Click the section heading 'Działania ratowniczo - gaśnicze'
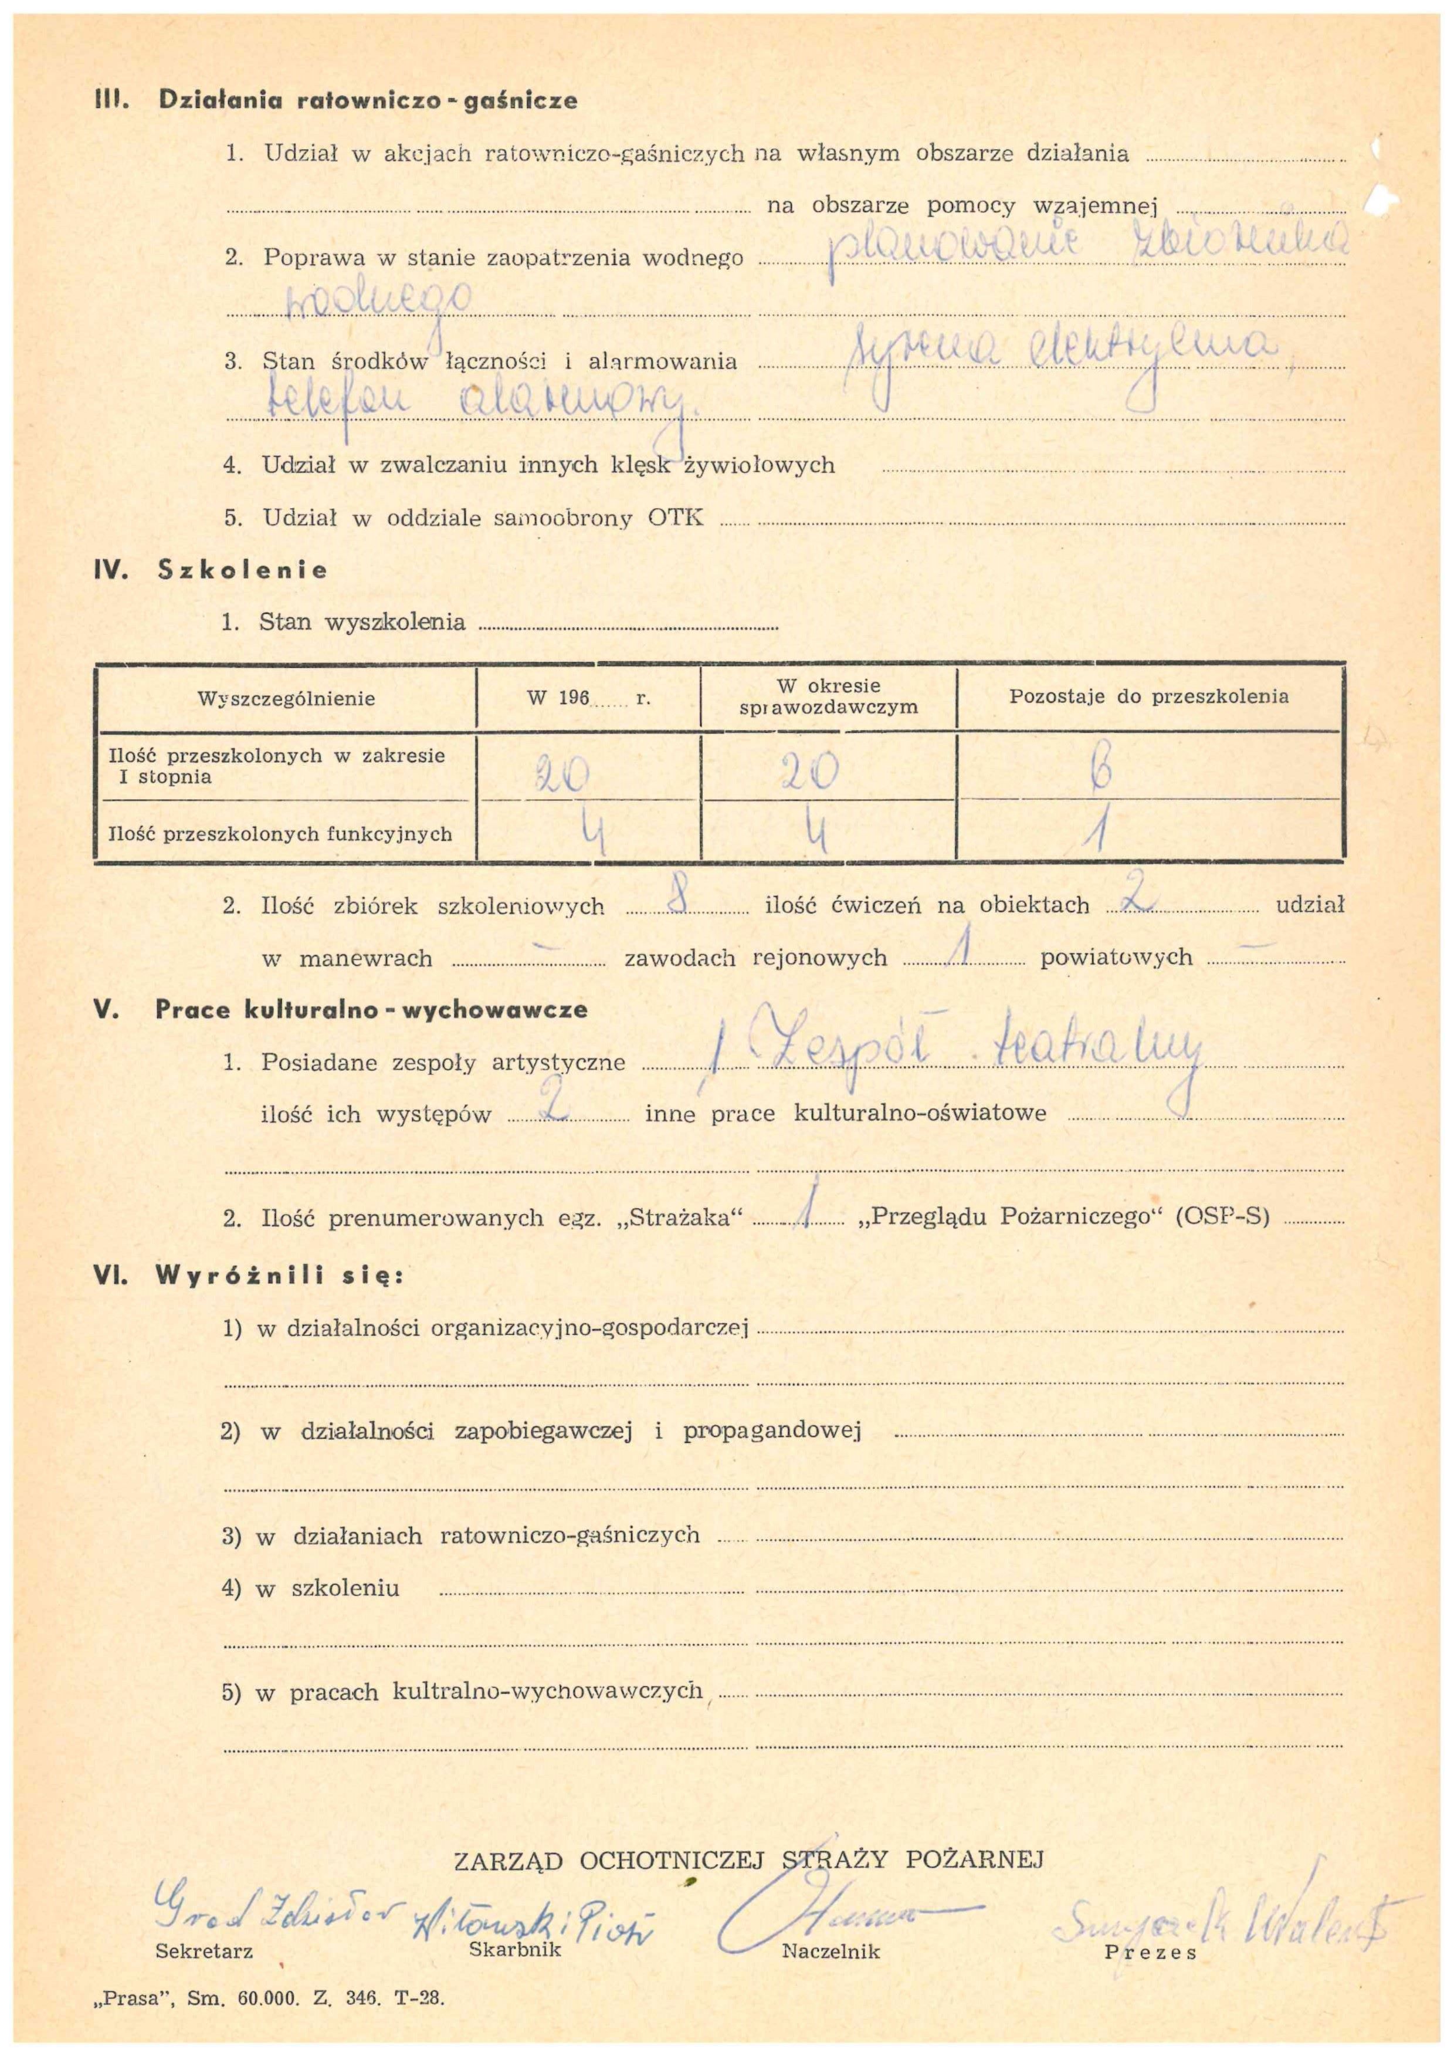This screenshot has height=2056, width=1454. (367, 100)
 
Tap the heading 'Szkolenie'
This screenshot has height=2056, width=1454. (242, 570)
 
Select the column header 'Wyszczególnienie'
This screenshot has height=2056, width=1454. (286, 698)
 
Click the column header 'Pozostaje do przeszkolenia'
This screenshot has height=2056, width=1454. (1148, 696)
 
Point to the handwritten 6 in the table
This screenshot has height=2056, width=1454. (1101, 768)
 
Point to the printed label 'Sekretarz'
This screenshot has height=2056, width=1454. (204, 1951)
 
